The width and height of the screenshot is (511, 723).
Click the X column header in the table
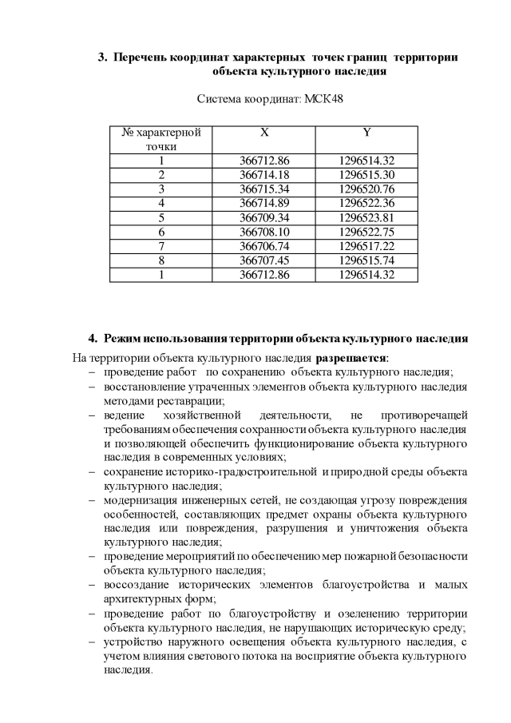pyautogui.click(x=263, y=133)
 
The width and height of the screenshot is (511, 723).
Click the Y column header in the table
pyautogui.click(x=366, y=133)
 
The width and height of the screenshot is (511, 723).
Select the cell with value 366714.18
pyautogui.click(x=263, y=175)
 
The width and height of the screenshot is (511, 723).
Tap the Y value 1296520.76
pyautogui.click(x=366, y=189)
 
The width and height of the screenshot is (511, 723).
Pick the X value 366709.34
pyautogui.click(x=263, y=217)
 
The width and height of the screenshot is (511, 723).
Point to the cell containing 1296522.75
pyautogui.click(x=366, y=232)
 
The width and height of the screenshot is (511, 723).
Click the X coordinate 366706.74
pyautogui.click(x=263, y=246)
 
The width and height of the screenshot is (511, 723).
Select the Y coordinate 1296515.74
pyautogui.click(x=366, y=260)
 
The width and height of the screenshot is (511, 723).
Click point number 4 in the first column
pyautogui.click(x=160, y=203)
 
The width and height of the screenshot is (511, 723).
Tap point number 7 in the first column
pyautogui.click(x=160, y=246)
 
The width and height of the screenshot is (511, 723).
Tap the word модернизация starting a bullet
pyautogui.click(x=137, y=500)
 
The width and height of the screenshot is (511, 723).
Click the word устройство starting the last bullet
pyautogui.click(x=131, y=642)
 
